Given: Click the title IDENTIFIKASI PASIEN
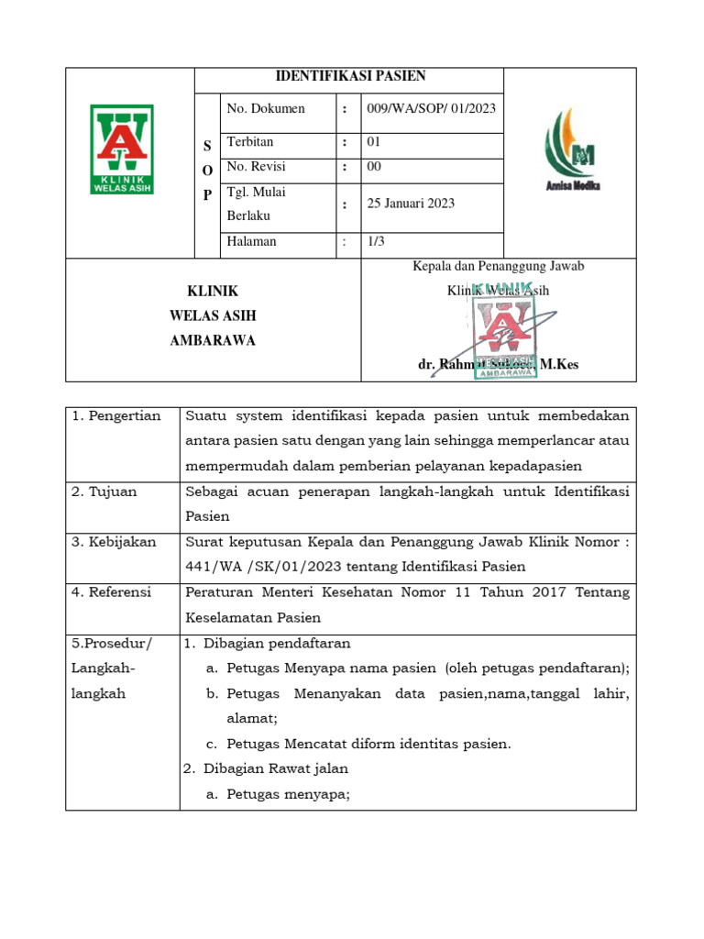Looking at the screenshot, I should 351,76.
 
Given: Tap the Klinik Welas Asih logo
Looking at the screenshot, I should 121,149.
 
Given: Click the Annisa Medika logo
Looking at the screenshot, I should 572,152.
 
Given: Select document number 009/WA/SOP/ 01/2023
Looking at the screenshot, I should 431,108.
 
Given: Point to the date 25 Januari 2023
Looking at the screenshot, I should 411,204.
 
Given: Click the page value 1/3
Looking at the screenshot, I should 377,241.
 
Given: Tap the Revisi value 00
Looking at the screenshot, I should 374,166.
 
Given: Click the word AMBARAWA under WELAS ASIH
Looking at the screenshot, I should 213,340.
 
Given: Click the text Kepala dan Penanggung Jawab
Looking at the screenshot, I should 498,266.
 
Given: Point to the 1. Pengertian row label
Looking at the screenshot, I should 116,416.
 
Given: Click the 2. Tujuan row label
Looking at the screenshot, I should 104,492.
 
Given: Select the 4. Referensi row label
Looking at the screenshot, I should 112,592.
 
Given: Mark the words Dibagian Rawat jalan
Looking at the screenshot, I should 275,768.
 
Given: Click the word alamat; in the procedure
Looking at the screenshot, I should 252,719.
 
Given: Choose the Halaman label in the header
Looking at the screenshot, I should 251,241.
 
